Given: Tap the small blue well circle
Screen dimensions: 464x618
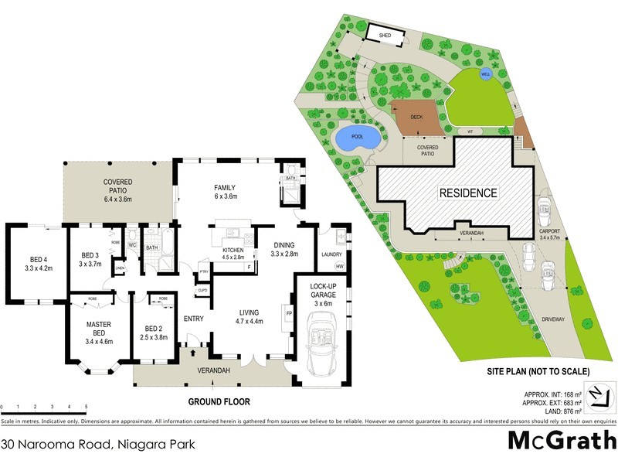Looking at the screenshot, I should (x=485, y=74).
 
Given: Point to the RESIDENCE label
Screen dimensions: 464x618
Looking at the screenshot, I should (x=469, y=193).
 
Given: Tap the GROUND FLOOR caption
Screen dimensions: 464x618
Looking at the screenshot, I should (x=219, y=402).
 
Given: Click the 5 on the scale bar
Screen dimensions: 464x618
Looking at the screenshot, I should (x=86, y=407).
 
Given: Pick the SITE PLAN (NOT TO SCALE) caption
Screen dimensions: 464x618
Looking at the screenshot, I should (x=538, y=372).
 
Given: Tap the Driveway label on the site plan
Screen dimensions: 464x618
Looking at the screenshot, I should (x=553, y=319).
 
